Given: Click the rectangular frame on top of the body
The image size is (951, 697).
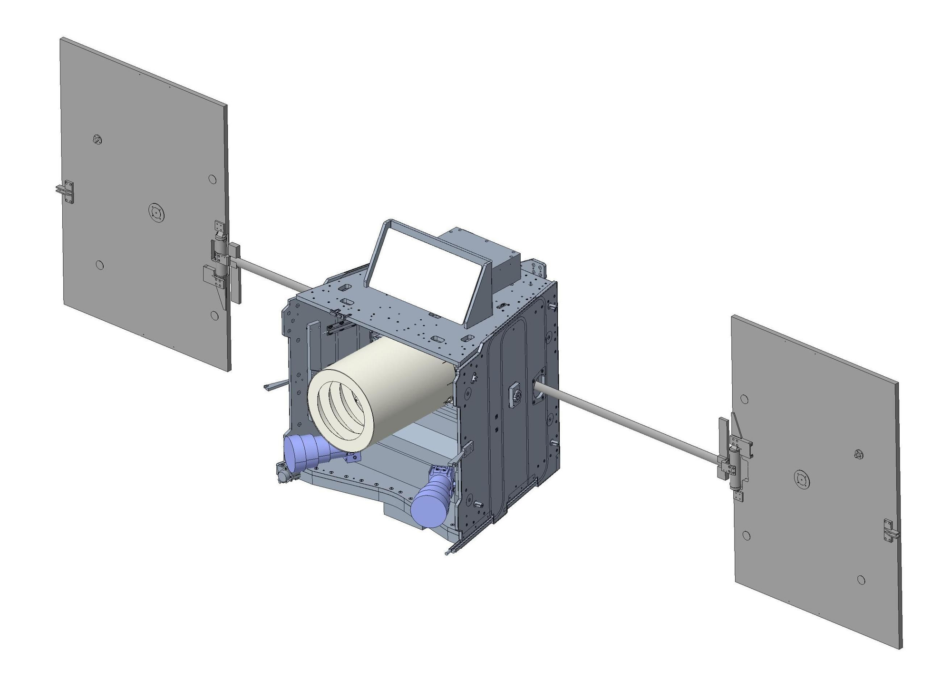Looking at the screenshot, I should (x=428, y=271).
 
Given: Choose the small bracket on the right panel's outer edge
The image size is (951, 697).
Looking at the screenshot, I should (x=890, y=531).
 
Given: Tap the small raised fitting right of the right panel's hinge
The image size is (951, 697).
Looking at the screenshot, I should (x=858, y=454).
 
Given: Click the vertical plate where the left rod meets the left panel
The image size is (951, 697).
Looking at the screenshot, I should (x=236, y=273).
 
